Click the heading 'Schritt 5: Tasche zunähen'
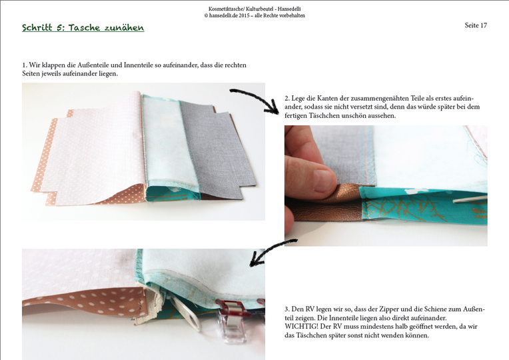pyautogui.click(x=83, y=27)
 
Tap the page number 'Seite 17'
pyautogui.click(x=476, y=25)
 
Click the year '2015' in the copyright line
pyautogui.click(x=244, y=15)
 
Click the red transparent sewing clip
pyautogui.click(x=232, y=320)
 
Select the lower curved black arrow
pyautogui.click(x=269, y=250)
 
